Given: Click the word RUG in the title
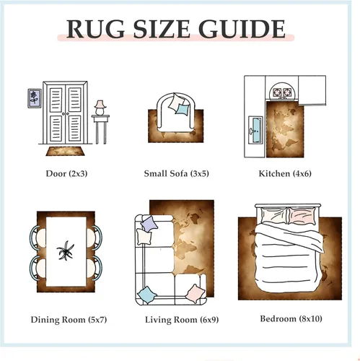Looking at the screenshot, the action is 95,29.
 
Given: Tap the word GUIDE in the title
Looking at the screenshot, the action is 242,29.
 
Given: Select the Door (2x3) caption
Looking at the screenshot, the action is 66,173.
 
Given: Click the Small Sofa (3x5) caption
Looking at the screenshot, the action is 176,173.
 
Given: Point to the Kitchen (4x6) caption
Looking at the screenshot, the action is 285,173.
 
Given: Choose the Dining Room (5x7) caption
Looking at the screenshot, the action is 69,320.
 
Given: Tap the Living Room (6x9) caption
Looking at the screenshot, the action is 182,320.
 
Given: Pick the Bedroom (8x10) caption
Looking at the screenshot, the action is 291,318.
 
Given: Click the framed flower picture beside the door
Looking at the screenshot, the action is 35,98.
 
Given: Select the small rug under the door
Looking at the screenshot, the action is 65,151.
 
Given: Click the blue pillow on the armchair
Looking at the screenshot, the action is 183,109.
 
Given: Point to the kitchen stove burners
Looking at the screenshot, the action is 283,92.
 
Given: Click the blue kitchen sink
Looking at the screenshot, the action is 255,130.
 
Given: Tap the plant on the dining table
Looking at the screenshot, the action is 65,251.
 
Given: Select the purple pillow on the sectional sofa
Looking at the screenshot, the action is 149,224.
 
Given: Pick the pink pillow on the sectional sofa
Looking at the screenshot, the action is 196,293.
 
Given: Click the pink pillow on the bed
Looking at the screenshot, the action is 302,215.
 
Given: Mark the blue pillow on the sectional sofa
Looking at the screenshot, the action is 146,295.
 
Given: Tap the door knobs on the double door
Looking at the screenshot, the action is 65,113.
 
